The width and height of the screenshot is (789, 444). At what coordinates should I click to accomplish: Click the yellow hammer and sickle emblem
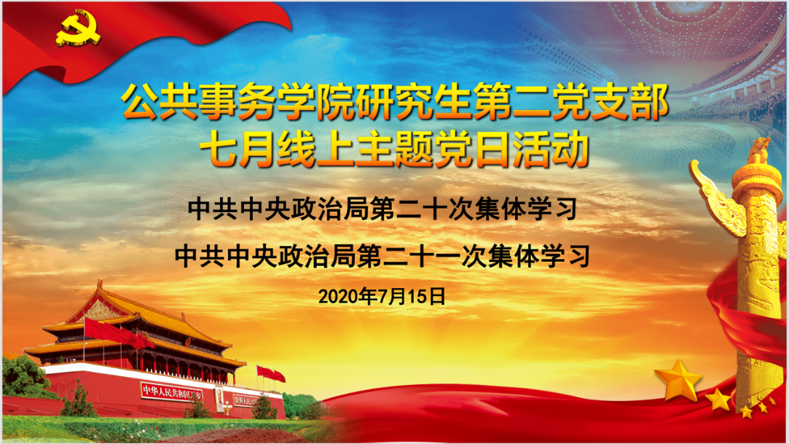pos(78,30)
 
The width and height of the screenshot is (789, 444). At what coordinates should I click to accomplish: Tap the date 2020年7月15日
pos(382,297)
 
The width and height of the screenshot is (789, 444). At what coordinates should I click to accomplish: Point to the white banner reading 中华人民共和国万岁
pos(172,391)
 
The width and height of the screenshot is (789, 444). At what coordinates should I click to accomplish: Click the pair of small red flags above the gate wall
pos(271,374)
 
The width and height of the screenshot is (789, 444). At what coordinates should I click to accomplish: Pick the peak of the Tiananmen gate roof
pos(100,285)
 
